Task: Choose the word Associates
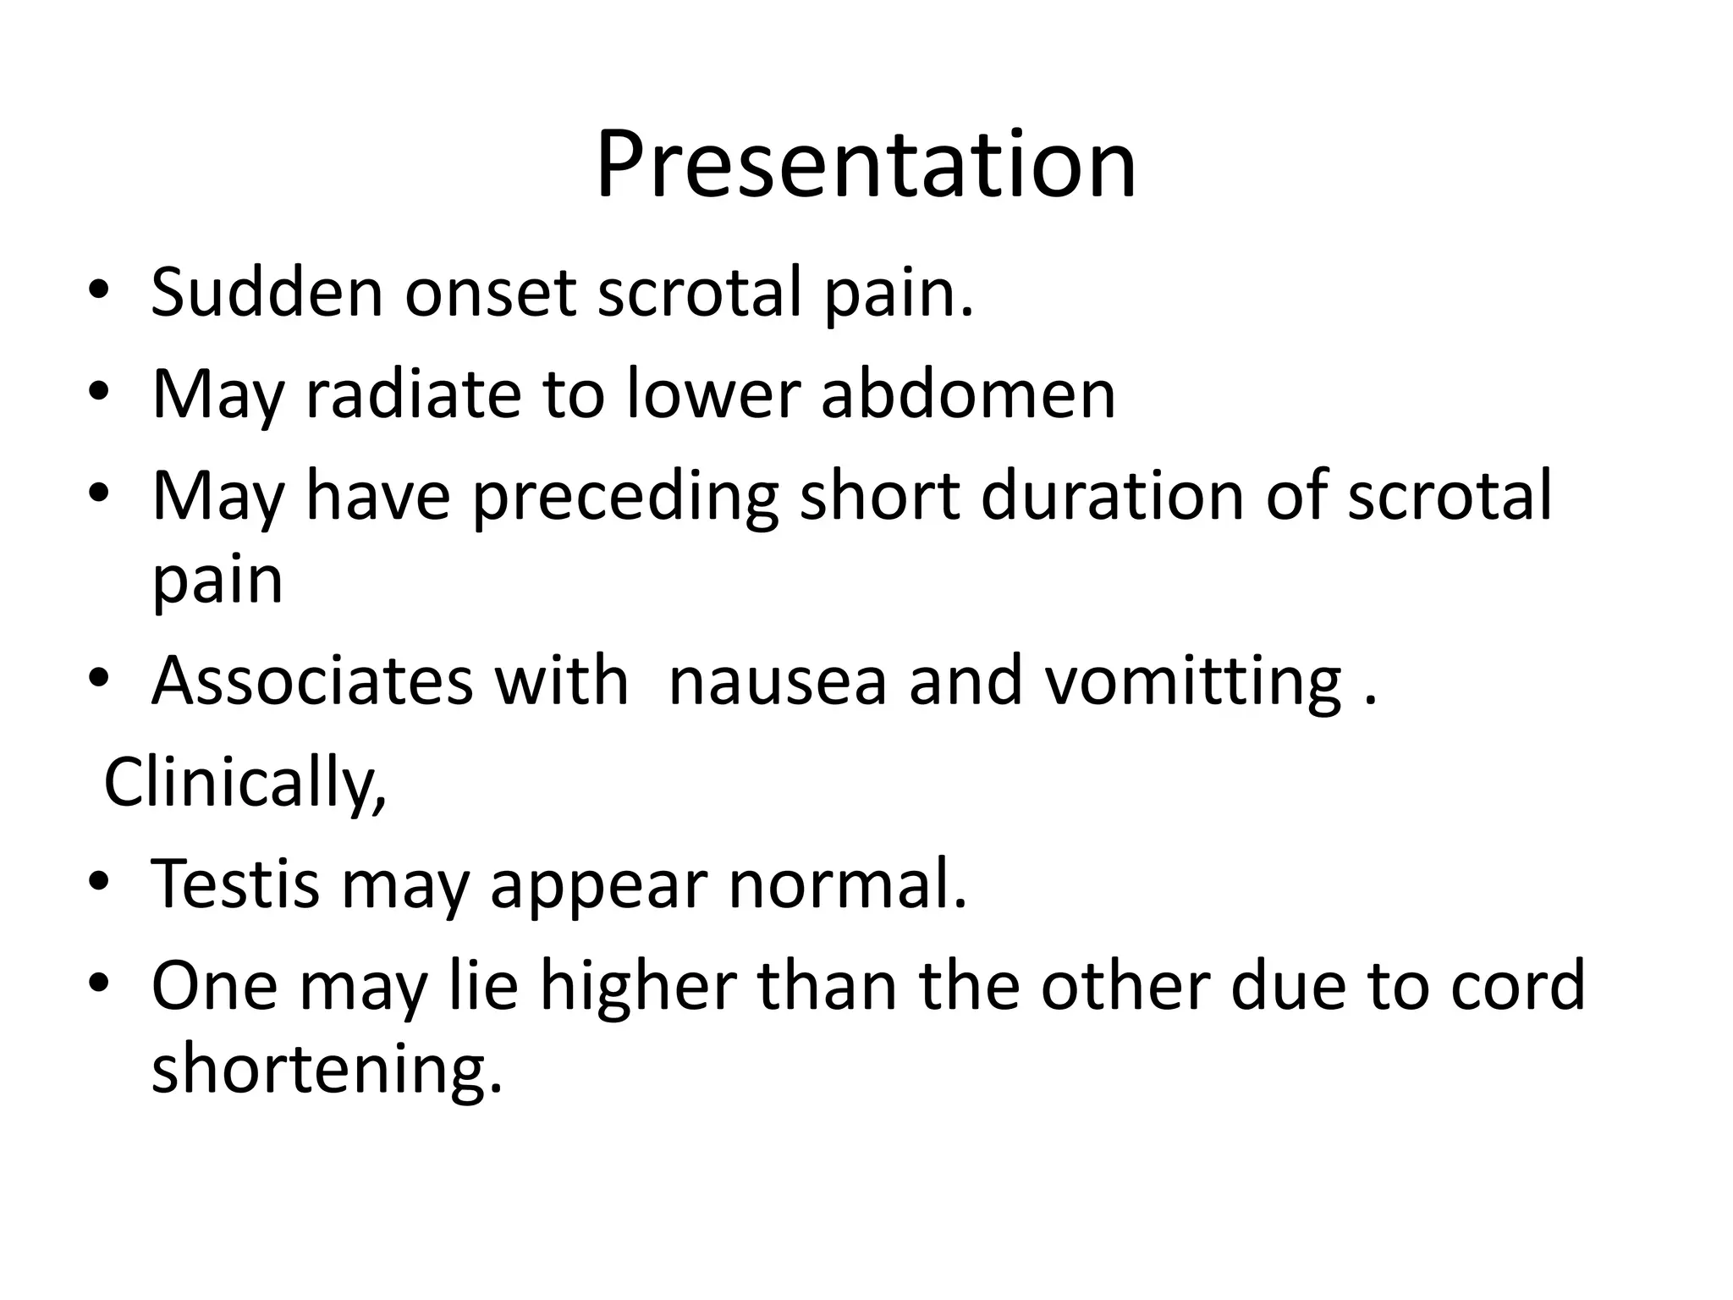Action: point(312,680)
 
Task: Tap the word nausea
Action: point(778,680)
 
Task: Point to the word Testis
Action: point(235,884)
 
